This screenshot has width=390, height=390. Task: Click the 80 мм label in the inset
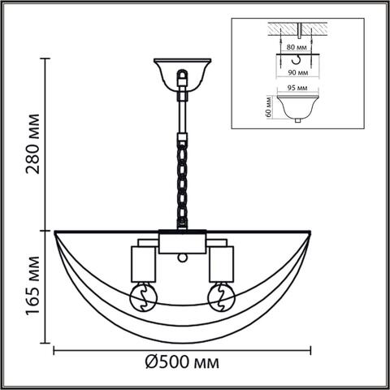[x=297, y=48]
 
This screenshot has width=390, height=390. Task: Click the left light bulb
[x=143, y=297]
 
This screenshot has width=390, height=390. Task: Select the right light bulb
[x=220, y=297]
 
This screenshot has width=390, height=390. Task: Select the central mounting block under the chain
[x=182, y=242]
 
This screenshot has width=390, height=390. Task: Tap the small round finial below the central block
[x=182, y=258]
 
